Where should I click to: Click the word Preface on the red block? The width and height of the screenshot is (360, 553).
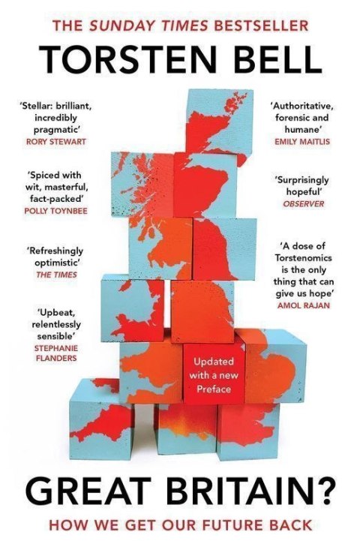(214, 389)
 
